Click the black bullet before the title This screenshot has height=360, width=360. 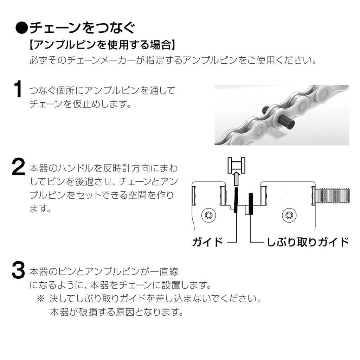point(22,28)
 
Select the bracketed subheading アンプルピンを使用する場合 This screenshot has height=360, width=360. point(102,44)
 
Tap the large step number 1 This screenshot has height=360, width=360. point(18,89)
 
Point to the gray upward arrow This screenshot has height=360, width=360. point(236,179)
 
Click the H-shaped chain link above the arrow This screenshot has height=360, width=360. point(236,165)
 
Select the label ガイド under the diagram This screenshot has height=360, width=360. point(207,242)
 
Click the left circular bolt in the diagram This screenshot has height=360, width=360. point(208,216)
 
